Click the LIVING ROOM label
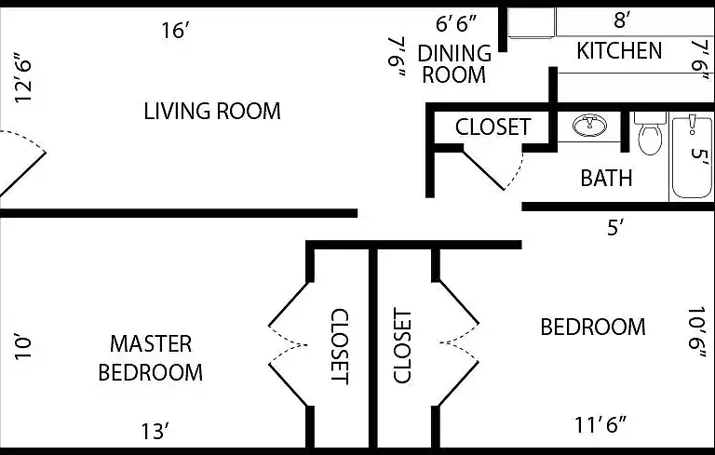pos(212,112)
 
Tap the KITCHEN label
pos(619,50)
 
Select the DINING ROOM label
pos(454,64)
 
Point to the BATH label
pos(606,178)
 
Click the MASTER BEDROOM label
pos(151,358)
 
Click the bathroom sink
pos(590,126)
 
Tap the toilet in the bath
pos(650,133)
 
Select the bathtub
pos(692,157)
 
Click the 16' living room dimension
pos(175,31)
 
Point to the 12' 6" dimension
pos(23,77)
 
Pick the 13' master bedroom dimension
pos(155,432)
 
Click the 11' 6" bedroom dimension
pos(600,425)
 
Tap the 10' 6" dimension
pos(696,333)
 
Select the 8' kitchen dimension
pos(622,20)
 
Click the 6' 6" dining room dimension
pos(456,23)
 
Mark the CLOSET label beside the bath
pos(492,127)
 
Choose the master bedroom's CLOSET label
pos(340,346)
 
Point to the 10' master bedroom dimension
pos(22,348)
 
